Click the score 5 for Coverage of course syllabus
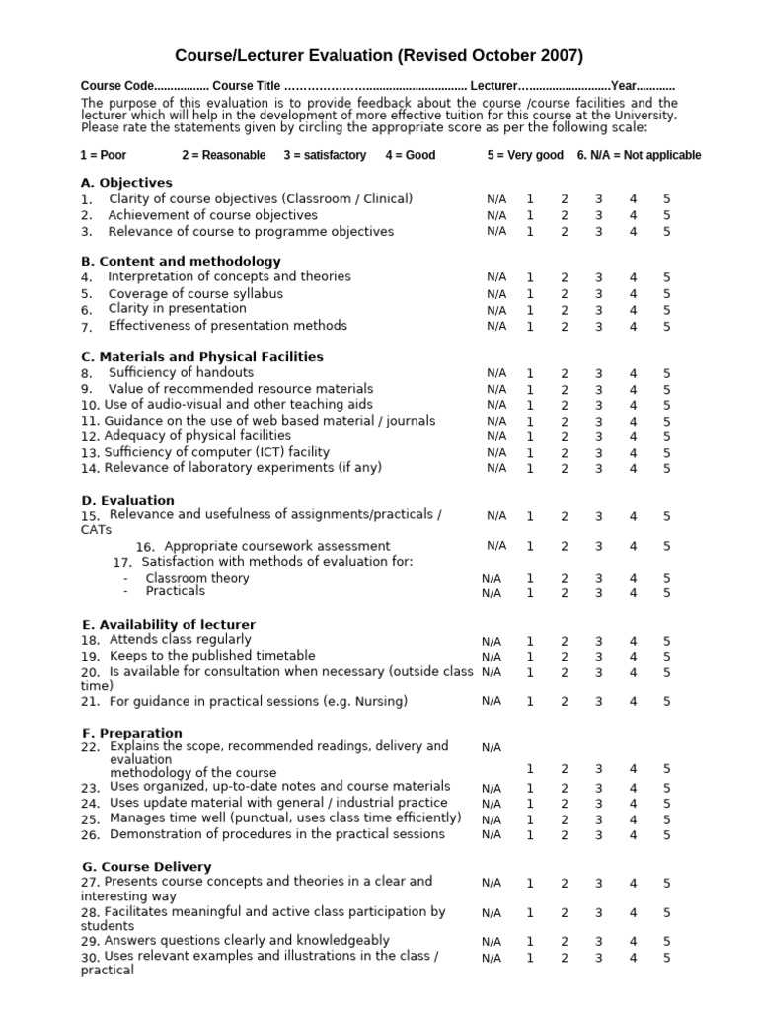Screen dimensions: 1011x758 [x=666, y=294]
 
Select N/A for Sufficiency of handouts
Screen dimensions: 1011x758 [x=496, y=373]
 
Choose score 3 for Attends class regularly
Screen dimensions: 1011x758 [x=598, y=641]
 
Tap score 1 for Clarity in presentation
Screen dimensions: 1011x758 [x=530, y=310]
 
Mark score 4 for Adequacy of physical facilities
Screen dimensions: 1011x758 [x=633, y=436]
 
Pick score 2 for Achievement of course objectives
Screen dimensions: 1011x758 [x=565, y=215]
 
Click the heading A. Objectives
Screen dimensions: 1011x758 [x=126, y=183]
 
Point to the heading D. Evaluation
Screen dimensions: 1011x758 [x=127, y=501]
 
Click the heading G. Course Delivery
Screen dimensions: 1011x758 [x=146, y=866]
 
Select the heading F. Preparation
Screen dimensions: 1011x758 [x=131, y=733]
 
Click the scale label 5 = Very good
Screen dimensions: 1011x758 [x=525, y=155]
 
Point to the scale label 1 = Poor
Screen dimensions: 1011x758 [x=104, y=155]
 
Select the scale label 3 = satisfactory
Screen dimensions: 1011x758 [x=325, y=155]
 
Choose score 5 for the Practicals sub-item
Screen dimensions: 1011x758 [x=666, y=593]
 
